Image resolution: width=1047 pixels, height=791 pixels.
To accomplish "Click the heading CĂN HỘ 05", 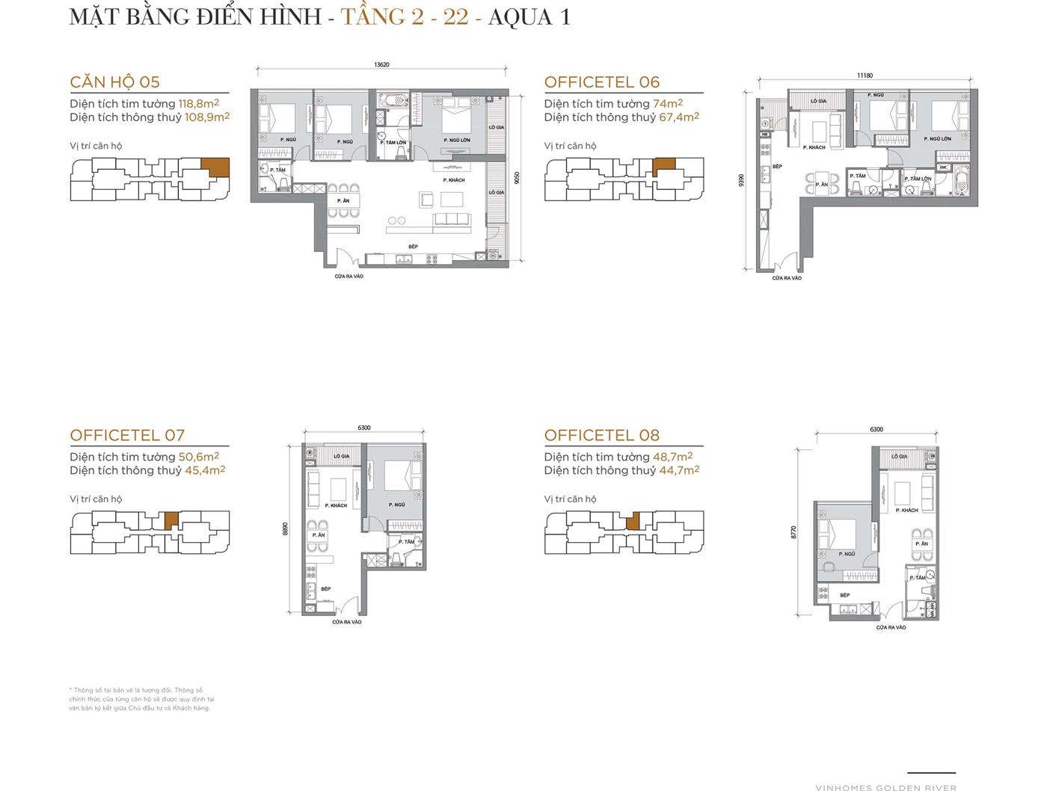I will point(114,82).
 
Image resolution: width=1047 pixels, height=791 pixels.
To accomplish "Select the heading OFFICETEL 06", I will point(601,82).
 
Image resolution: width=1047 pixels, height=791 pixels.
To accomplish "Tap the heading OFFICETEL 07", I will point(127,435).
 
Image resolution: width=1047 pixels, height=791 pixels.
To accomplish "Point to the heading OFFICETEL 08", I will point(601,435).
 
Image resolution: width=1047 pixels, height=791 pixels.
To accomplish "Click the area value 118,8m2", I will point(198,104).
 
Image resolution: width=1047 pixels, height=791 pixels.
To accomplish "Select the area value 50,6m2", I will point(198,457).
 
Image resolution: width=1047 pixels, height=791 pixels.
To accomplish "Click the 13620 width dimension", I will point(381,65).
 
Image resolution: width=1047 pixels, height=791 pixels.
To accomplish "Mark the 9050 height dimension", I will point(517,178).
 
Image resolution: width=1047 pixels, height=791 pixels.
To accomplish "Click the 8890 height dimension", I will point(285,529).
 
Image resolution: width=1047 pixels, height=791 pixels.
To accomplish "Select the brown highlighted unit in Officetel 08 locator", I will point(633,521).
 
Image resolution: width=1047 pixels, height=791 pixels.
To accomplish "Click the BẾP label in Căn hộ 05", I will point(413,247).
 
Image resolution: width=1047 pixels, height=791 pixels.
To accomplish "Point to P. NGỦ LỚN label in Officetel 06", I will point(937,139).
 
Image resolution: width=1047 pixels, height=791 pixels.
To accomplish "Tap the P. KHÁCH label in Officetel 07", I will point(337,505).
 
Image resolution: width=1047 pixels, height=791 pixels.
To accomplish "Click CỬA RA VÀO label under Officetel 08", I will point(891,627).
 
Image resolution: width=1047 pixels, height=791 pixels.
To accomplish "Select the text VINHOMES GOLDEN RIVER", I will point(885,787).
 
